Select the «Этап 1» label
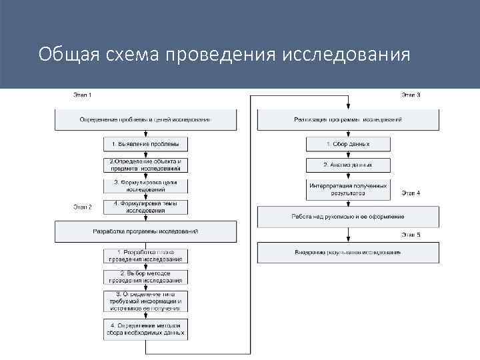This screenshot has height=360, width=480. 82,95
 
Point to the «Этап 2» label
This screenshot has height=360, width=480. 82,207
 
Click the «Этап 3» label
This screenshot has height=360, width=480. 411,95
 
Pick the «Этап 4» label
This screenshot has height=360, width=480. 411,193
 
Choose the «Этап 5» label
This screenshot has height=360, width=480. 411,235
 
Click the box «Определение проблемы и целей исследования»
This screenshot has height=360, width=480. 145,119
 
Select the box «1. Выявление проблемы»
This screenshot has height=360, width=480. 145,143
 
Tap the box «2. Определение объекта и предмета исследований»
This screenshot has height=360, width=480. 145,165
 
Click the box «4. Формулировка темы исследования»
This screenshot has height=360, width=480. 145,207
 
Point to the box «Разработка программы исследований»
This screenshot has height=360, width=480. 145,231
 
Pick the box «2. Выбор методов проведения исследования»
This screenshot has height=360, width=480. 145,277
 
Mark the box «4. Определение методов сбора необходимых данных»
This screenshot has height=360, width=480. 145,328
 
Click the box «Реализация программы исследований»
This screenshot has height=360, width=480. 348,119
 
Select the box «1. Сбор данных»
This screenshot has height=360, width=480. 347,143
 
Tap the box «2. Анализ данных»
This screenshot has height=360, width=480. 347,165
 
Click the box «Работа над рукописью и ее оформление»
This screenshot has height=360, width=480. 348,217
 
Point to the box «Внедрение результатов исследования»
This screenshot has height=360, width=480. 348,253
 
